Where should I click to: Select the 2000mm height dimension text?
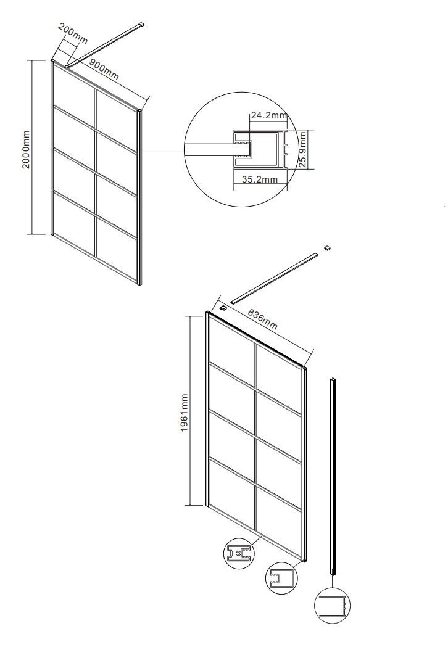click(26, 149)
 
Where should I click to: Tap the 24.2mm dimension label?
click(269, 115)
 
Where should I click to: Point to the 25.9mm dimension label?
click(302, 149)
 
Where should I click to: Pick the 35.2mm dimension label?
click(260, 179)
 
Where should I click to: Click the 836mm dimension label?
click(263, 319)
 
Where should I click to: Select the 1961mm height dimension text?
click(185, 412)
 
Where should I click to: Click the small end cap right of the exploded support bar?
click(326, 248)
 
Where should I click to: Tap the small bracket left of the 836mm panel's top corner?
click(223, 307)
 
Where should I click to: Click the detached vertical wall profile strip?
click(333, 476)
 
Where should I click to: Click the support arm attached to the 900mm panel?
click(104, 45)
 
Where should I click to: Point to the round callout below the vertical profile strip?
click(333, 606)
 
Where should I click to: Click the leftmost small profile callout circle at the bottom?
click(239, 553)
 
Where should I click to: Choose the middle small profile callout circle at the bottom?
click(281, 578)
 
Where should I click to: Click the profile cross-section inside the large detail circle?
click(260, 150)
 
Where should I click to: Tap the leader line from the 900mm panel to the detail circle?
click(163, 152)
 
